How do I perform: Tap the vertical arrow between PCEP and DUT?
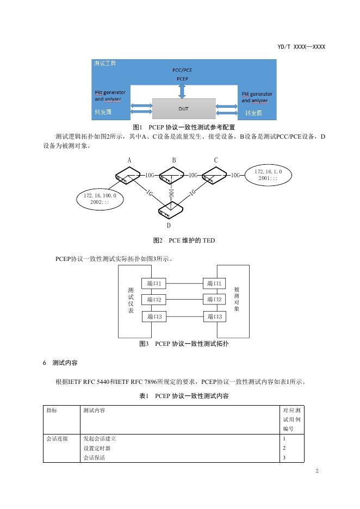182,90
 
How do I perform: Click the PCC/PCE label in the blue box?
182,70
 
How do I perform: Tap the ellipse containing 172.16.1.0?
268,175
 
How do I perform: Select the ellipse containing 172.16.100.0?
100,199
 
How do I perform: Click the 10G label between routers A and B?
151,175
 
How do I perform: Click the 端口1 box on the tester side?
154,283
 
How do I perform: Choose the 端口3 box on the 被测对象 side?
214,316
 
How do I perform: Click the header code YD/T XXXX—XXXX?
301,47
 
